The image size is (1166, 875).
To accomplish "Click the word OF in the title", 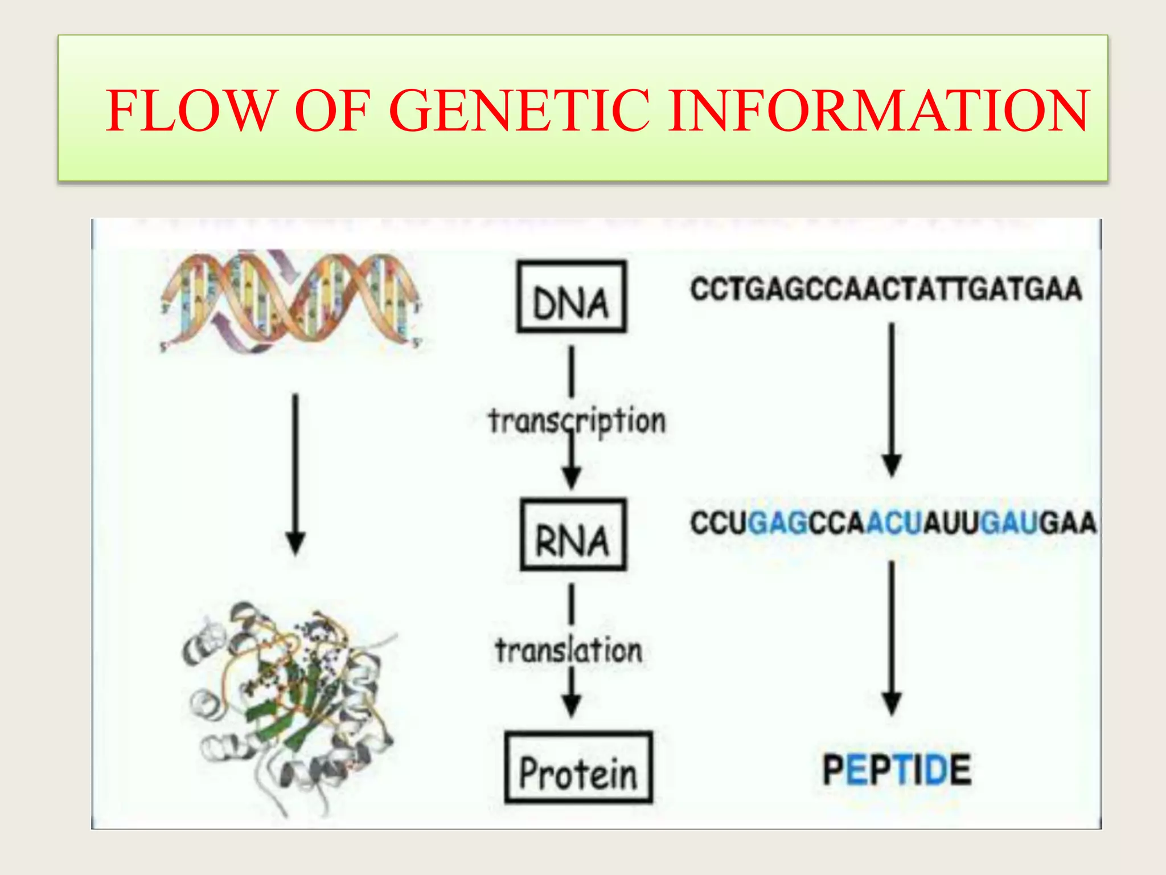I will (332, 111).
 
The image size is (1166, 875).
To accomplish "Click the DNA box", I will (571, 297).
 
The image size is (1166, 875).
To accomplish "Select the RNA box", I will (573, 535).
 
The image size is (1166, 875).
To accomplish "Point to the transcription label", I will (577, 421).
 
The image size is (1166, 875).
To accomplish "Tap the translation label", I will (569, 651).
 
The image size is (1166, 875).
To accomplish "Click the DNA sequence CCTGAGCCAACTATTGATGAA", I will (886, 289).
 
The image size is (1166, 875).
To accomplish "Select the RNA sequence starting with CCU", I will (893, 523).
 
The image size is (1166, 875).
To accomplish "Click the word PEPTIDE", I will (897, 770).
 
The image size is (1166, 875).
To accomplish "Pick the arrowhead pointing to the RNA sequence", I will (892, 465).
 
